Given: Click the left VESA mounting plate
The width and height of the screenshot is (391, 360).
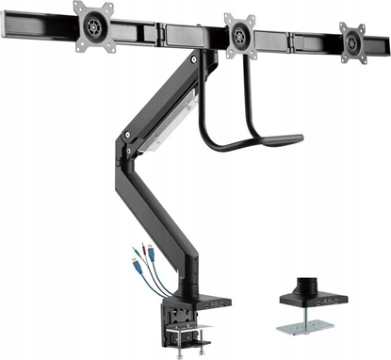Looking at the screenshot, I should (94, 26).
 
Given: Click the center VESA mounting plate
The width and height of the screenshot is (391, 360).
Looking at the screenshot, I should (239, 36).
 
